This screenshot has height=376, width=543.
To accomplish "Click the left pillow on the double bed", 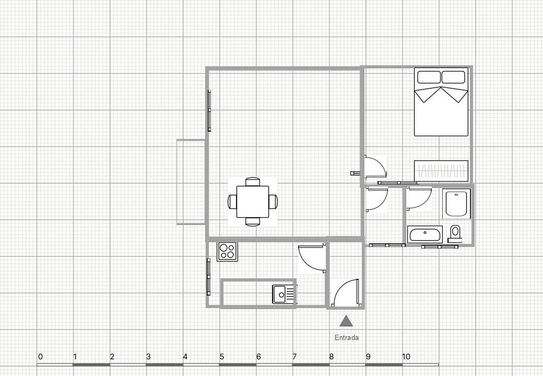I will (x=429, y=77).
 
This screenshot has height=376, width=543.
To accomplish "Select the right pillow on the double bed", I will (x=453, y=77).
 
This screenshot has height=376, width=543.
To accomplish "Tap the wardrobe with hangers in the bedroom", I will (x=441, y=171).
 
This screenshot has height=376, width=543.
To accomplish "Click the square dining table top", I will (x=253, y=202).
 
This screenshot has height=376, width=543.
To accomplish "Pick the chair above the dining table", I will (x=253, y=182).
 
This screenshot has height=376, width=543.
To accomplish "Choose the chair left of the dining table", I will (x=232, y=202).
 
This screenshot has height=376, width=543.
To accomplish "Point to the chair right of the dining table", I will (x=273, y=202).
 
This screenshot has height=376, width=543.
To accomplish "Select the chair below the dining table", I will (x=253, y=221).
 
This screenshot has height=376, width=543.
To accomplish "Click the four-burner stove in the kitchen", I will (x=227, y=251).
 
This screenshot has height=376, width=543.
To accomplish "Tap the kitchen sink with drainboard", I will (x=284, y=294).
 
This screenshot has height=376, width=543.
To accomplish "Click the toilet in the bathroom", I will (x=455, y=233).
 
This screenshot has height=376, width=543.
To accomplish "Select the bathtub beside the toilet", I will (x=425, y=233).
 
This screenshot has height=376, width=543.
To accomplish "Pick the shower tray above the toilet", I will (x=457, y=204).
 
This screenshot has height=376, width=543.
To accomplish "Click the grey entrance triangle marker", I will (x=346, y=321).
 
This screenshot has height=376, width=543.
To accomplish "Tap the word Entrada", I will (x=347, y=337).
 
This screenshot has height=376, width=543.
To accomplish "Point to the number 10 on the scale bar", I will (x=406, y=357).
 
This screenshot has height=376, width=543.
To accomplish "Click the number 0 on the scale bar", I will (x=40, y=357).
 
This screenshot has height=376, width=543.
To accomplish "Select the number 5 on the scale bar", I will (x=221, y=357).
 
